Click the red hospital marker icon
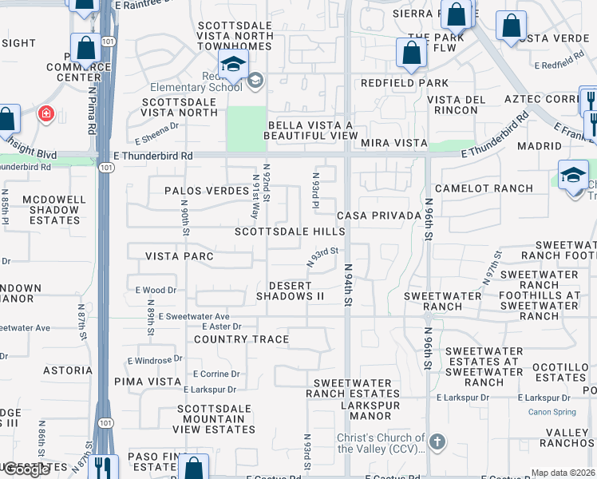click(46, 114)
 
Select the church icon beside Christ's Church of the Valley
click(437, 441)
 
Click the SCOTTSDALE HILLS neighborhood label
click(290, 232)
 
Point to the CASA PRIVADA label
click(378, 216)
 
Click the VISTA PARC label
click(179, 256)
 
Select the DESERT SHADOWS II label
click(290, 291)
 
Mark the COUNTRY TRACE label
click(242, 339)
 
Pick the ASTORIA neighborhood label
click(68, 370)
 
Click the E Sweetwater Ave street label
click(194, 317)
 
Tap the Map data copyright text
click(563, 473)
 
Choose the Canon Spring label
click(551, 412)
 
